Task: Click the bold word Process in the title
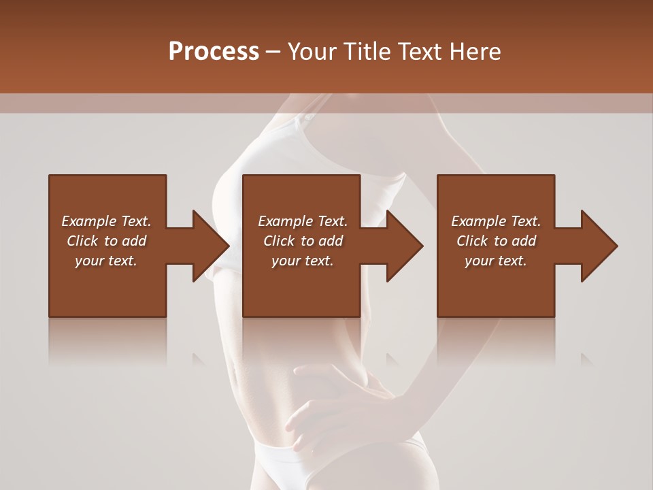click(x=214, y=52)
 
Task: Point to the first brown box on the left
click(x=107, y=286)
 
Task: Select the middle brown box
click(x=301, y=286)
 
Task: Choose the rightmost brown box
click(x=495, y=286)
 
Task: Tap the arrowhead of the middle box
click(x=404, y=246)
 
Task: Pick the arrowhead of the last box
click(x=599, y=246)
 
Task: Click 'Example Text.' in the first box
click(x=107, y=221)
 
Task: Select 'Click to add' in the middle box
click(x=303, y=241)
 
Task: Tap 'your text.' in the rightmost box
click(x=496, y=261)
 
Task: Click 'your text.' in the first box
click(x=107, y=261)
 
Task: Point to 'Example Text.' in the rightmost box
click(x=496, y=221)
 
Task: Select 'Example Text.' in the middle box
click(x=303, y=221)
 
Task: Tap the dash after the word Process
click(x=273, y=52)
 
